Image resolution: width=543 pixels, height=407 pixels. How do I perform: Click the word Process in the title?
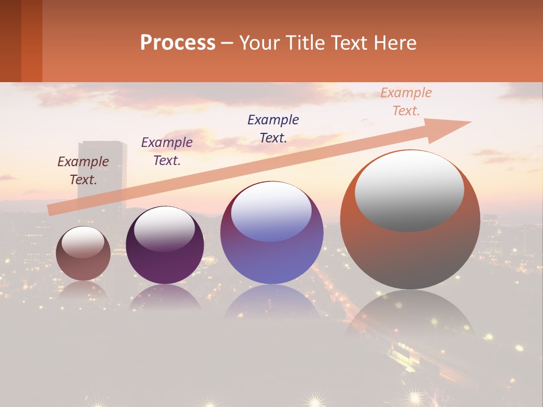pyautogui.click(x=178, y=43)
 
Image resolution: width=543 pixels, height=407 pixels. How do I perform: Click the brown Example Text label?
pyautogui.click(x=83, y=171)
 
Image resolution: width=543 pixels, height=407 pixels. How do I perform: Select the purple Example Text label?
pyautogui.click(x=167, y=151)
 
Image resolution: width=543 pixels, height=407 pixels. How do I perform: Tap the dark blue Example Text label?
pyautogui.click(x=273, y=128)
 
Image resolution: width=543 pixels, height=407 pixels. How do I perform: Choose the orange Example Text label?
pyautogui.click(x=406, y=102)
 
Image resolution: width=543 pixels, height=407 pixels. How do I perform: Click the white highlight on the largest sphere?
pyautogui.click(x=409, y=189)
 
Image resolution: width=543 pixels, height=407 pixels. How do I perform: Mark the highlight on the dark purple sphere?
pyautogui.click(x=164, y=227)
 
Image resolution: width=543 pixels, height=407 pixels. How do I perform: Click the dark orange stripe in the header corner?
pyautogui.click(x=31, y=41)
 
